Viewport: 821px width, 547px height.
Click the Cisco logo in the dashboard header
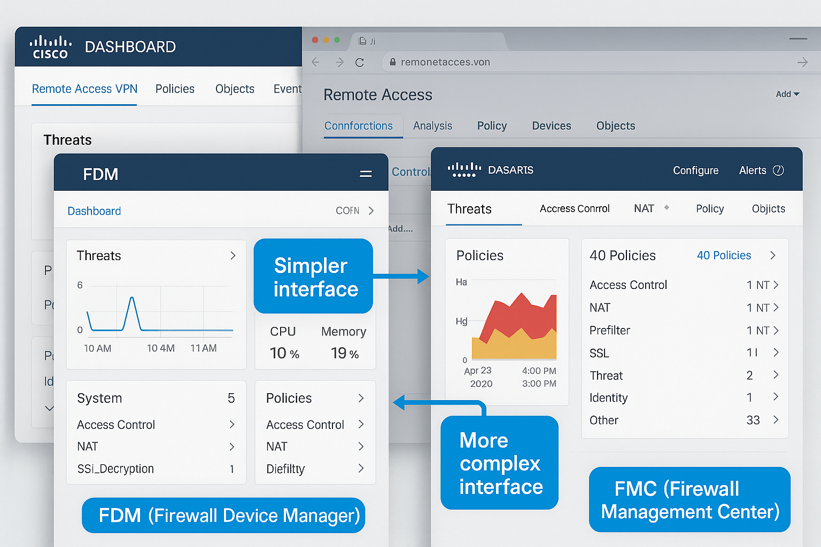point(50,47)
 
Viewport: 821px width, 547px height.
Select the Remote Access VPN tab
point(84,89)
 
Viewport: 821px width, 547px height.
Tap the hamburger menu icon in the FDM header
point(366,174)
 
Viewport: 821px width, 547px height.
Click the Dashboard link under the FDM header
point(94,211)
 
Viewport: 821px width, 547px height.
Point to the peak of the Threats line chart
point(131,298)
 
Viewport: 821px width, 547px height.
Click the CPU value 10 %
point(284,353)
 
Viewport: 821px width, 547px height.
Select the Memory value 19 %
point(344,353)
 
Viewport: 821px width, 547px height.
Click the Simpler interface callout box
point(313,277)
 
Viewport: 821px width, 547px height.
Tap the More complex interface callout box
point(500,463)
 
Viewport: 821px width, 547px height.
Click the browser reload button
point(360,62)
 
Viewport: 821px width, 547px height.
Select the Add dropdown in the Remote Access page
point(787,94)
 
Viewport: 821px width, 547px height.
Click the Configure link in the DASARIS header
point(695,170)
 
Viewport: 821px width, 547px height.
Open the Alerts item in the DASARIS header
point(761,170)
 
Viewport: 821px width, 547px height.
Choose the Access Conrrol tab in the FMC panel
point(575,209)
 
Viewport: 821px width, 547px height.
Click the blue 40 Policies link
point(724,255)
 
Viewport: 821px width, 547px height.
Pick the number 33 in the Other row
point(753,420)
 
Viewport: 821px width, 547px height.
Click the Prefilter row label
point(610,331)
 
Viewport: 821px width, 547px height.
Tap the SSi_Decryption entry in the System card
point(115,469)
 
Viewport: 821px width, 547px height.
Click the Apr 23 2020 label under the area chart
point(479,377)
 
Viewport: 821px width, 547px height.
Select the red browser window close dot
point(315,40)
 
